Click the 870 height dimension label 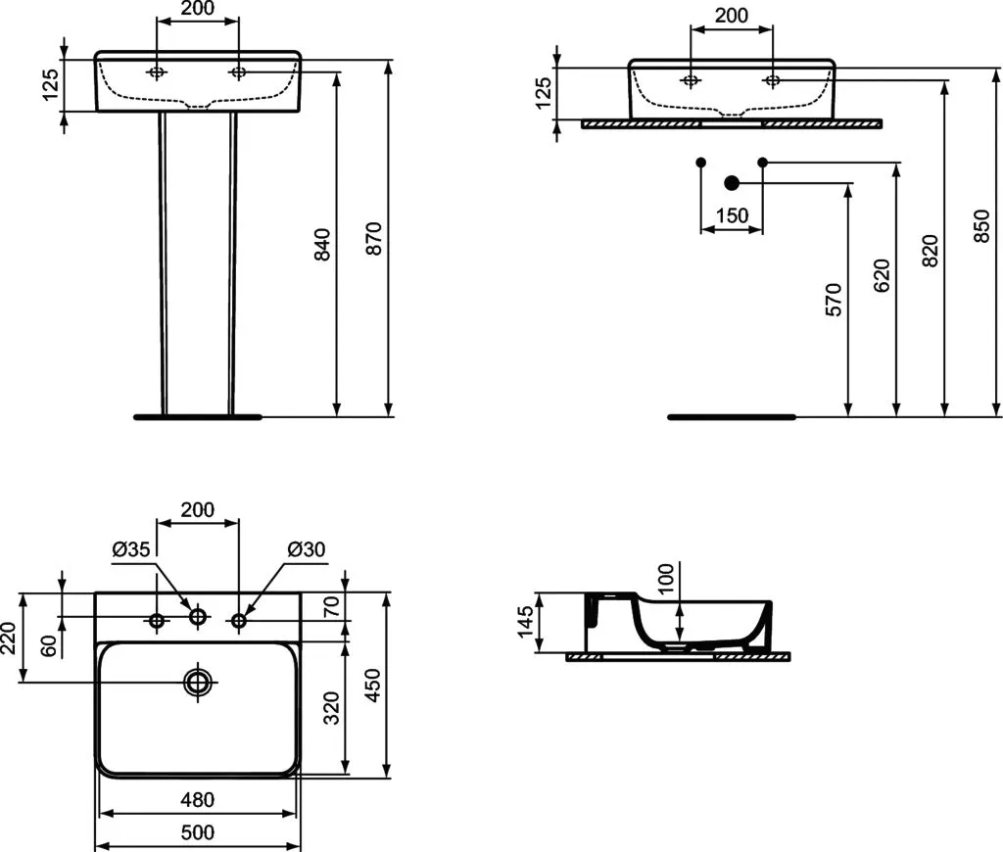pos(374,239)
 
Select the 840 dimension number pos(322,244)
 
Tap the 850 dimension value pos(981,225)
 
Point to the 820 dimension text pos(931,251)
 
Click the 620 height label pos(882,276)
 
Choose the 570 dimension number pos(834,300)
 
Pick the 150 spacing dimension pos(732,215)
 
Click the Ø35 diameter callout pos(131,548)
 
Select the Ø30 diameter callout pos(307,548)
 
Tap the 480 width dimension pos(198,799)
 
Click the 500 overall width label pos(198,832)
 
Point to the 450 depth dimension pos(372,685)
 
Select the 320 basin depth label pos(331,707)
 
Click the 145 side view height pos(525,623)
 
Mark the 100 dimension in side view pos(666,579)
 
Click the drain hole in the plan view pos(198,683)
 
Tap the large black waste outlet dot pos(732,183)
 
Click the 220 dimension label pos(9,638)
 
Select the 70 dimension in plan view pos(331,606)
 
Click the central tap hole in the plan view pos(198,617)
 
